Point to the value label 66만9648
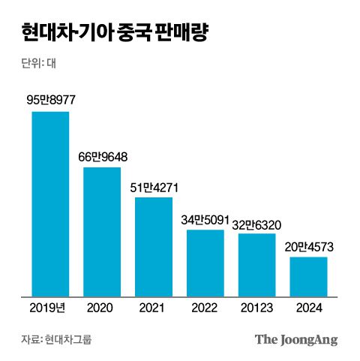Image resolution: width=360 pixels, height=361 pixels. coord(103,156)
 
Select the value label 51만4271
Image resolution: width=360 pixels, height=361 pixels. coord(154,186)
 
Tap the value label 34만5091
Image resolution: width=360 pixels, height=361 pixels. coord(205,220)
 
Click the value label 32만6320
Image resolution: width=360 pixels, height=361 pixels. coord(257,223)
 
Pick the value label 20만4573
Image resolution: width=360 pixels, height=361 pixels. coord(309,246)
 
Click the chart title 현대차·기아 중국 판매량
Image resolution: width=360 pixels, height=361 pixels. coord(115,34)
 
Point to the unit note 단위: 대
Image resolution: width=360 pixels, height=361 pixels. coord(40,64)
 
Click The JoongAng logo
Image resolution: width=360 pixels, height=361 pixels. coord(295,339)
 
